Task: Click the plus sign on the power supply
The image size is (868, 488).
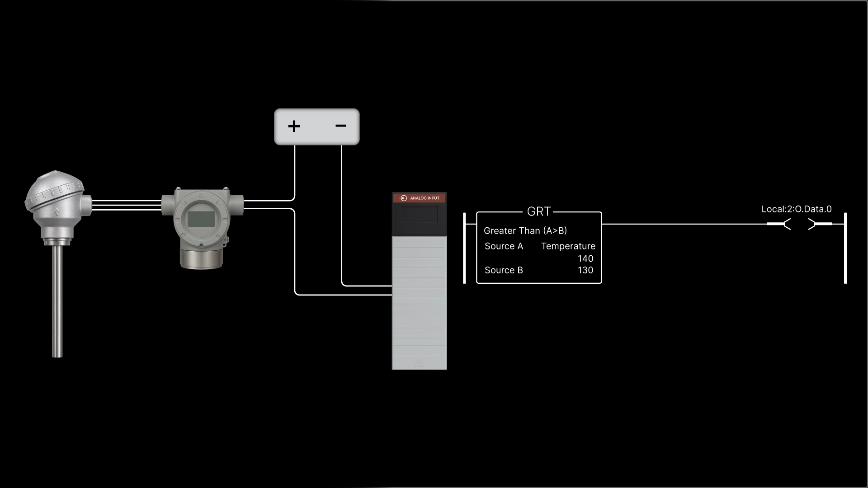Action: point(294,126)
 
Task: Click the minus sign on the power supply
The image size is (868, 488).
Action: point(341,126)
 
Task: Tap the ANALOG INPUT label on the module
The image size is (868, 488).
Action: point(424,198)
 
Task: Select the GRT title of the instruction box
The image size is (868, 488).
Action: point(538,211)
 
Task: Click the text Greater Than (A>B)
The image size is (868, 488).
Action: point(525,231)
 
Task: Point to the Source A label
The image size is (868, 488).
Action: point(504,246)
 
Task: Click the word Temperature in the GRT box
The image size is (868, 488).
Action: point(568,246)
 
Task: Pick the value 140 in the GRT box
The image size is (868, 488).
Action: point(585,259)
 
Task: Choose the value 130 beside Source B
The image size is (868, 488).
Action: point(585,270)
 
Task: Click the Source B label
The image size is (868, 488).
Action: point(504,270)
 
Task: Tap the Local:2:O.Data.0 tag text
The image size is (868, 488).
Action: point(796,209)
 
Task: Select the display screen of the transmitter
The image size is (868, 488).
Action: point(201,219)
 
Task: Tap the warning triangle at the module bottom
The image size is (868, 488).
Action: point(419,362)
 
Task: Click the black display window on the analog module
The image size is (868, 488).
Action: point(419,215)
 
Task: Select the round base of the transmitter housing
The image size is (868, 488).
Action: point(201,258)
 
